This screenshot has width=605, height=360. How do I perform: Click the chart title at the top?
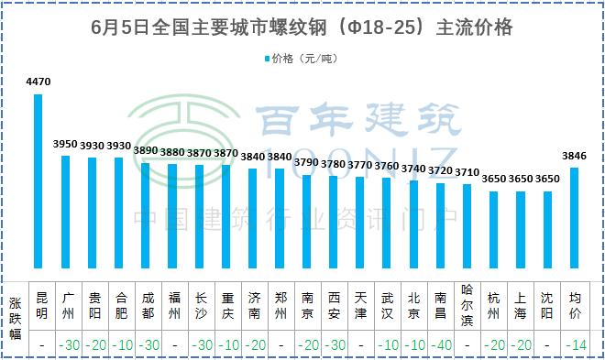[302, 28]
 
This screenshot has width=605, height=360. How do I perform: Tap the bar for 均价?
[575, 219]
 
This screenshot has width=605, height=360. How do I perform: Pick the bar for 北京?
[414, 225]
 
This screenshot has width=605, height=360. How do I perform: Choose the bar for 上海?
[521, 231]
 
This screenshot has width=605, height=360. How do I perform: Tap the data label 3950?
[66, 144]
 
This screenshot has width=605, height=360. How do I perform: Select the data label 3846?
[575, 156]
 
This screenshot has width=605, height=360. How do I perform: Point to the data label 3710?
[467, 172]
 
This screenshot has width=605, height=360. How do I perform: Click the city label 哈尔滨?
[467, 305]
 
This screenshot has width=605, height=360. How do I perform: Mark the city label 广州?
[66, 305]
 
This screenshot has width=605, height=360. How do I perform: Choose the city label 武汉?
[388, 305]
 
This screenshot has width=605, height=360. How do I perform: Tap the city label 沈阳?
[547, 305]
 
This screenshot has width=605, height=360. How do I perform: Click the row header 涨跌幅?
[16, 318]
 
